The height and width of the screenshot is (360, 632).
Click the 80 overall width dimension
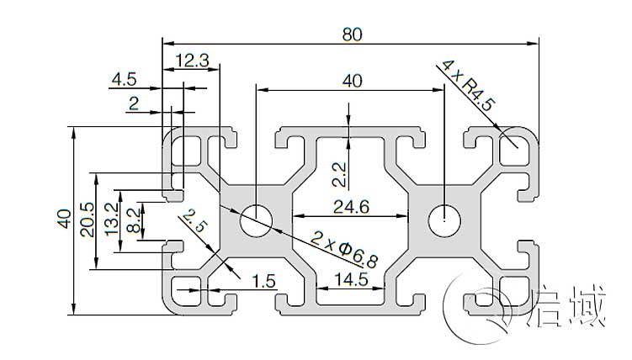pos(352,34)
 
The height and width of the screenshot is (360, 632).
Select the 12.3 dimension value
pos(192,60)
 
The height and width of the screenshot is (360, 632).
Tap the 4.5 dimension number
pos(123,81)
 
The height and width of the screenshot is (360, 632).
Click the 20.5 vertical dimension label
pos(85,221)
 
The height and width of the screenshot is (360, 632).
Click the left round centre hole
pos(256,221)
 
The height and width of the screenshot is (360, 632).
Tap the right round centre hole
pos(443,221)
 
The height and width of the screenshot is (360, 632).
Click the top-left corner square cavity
pos(188,151)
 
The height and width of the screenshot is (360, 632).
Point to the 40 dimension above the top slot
pos(352,81)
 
